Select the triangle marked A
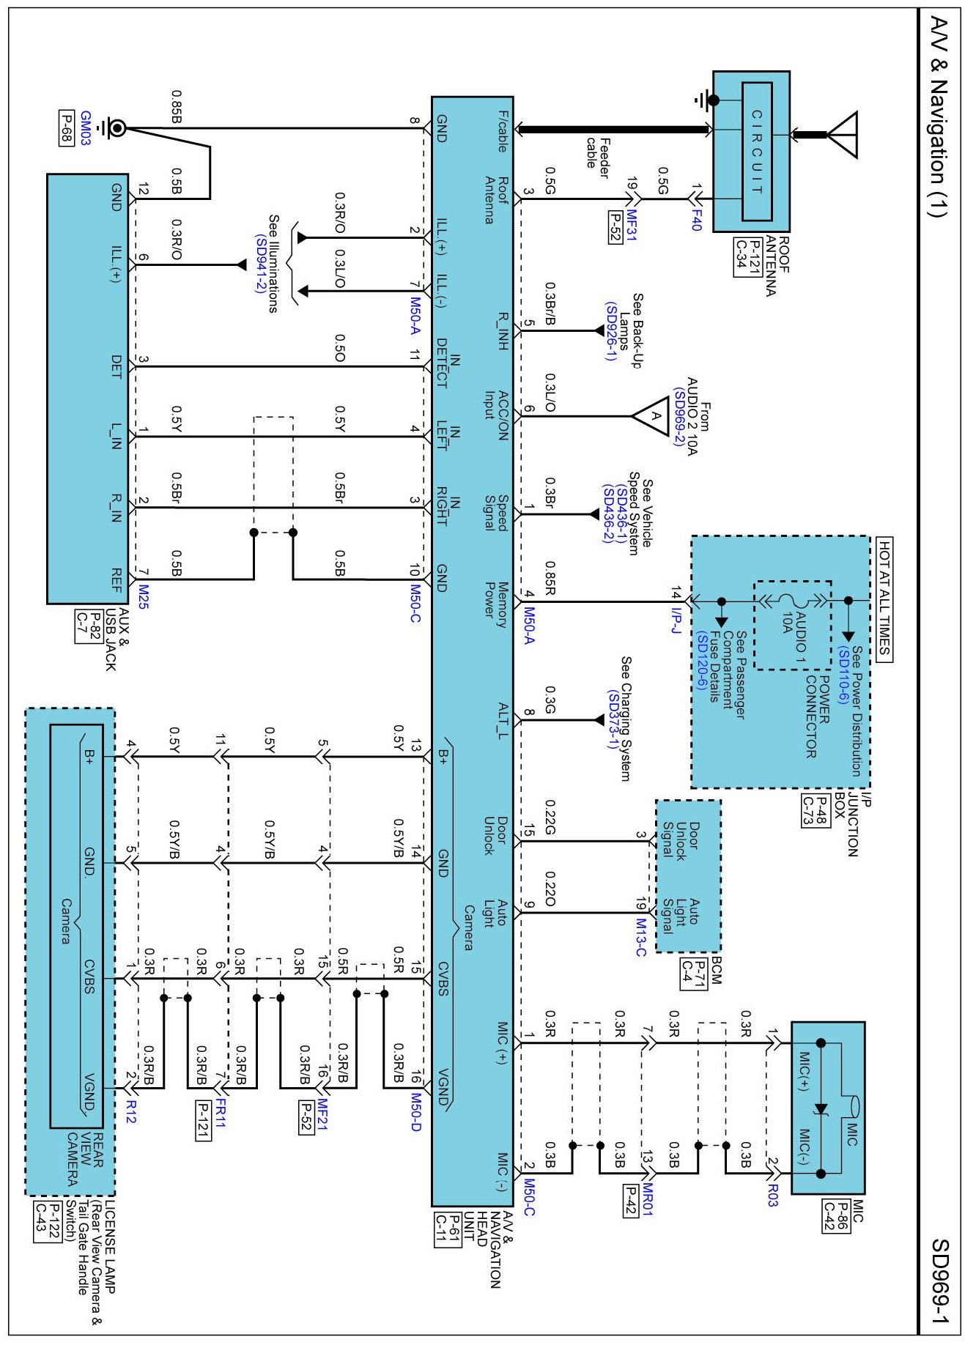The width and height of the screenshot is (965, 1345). tap(654, 416)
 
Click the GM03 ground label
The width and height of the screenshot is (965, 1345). tap(85, 128)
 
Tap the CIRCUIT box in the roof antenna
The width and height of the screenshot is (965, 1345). tap(757, 151)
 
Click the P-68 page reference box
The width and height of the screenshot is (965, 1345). tap(66, 128)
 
